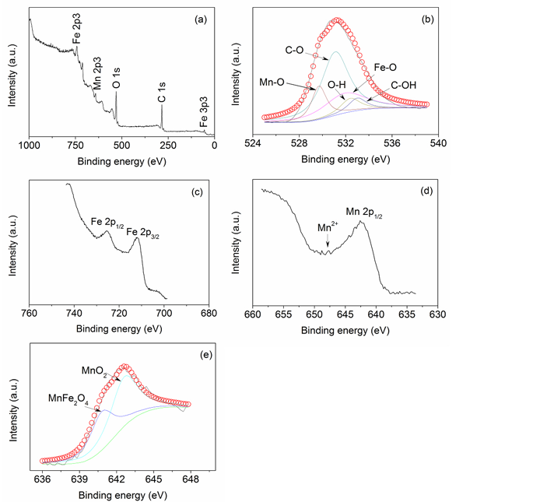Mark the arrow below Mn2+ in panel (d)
pyautogui.click(x=328, y=243)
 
